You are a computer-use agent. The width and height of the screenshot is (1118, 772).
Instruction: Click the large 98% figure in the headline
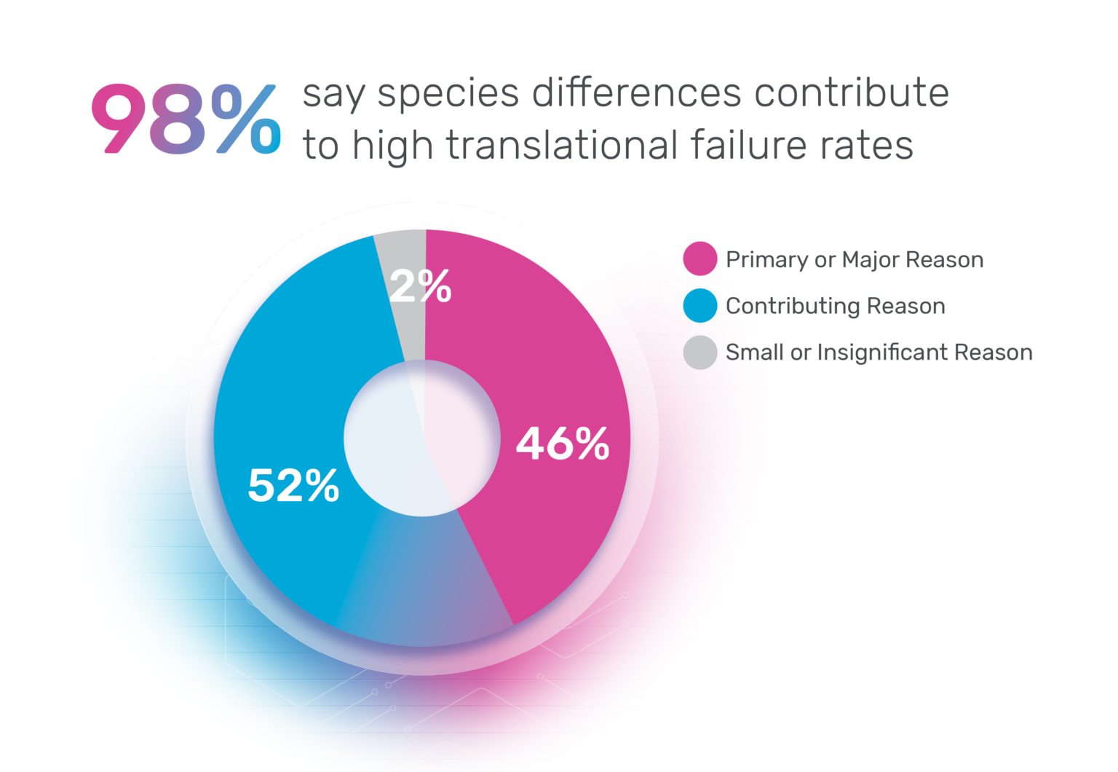pyautogui.click(x=186, y=119)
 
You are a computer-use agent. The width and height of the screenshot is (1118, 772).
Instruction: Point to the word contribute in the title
pyautogui.click(x=851, y=93)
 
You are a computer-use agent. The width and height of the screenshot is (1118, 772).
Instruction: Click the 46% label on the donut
pyautogui.click(x=563, y=443)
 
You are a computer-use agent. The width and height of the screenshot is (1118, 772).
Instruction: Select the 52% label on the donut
pyautogui.click(x=293, y=486)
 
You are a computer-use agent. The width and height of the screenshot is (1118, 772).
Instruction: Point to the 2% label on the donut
pyautogui.click(x=421, y=286)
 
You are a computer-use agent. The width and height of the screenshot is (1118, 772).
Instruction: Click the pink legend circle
pyautogui.click(x=700, y=259)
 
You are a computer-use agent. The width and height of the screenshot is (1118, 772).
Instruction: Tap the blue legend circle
pyautogui.click(x=700, y=306)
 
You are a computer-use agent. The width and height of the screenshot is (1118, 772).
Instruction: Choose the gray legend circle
pyautogui.click(x=700, y=352)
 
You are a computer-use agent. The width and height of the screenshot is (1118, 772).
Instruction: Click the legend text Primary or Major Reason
pyautogui.click(x=855, y=259)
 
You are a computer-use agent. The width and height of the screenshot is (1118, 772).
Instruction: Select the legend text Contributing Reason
pyautogui.click(x=836, y=306)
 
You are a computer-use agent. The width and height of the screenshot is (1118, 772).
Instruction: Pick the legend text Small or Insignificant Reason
pyautogui.click(x=879, y=352)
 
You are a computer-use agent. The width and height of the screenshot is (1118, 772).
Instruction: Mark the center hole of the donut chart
pyautogui.click(x=422, y=438)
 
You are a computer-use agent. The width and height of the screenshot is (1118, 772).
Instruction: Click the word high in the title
pyautogui.click(x=392, y=146)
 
